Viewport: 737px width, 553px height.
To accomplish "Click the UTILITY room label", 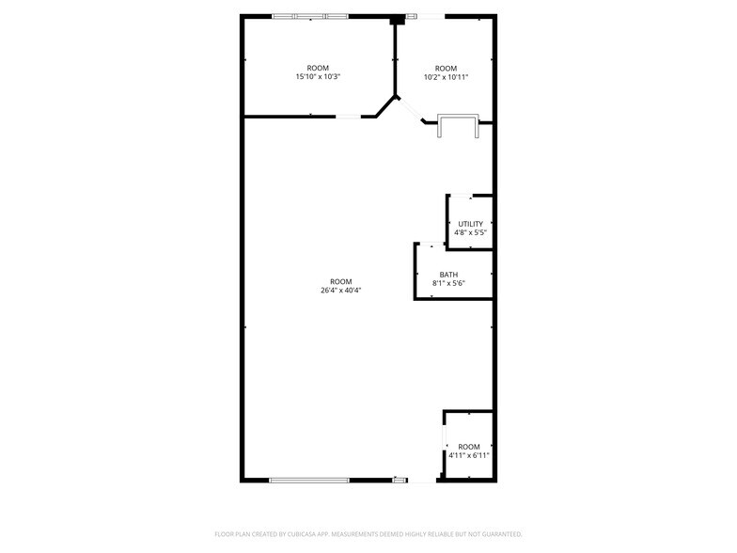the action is tap(470, 224).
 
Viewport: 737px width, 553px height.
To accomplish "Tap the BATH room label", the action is tap(449, 275).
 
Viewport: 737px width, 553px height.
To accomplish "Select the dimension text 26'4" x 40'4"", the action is tap(340, 290).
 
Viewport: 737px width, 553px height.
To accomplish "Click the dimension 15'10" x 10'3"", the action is tap(318, 77).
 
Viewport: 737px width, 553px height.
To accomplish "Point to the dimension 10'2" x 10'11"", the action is tap(446, 77).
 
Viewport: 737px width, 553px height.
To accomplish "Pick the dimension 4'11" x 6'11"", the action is tap(469, 455).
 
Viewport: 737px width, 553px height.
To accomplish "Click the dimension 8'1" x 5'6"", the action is tap(449, 283).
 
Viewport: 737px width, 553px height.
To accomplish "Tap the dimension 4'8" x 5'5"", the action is tap(470, 232).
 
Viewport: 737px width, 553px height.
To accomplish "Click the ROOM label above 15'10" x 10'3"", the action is tap(318, 68).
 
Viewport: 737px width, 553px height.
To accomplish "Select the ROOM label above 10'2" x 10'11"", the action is tap(446, 69).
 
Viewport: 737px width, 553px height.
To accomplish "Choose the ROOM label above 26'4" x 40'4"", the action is tap(340, 282).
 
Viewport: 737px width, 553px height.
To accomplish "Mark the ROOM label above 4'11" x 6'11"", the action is tap(469, 447).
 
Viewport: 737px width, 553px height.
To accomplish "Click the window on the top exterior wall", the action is tap(310, 17).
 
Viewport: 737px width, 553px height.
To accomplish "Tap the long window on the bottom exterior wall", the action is tap(309, 480).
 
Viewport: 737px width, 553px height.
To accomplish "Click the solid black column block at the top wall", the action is tap(398, 21).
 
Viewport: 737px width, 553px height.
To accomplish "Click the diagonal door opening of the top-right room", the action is tap(410, 109).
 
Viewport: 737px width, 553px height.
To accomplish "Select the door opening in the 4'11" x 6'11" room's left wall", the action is tap(444, 442).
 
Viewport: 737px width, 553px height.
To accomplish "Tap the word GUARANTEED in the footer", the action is tap(505, 534).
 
